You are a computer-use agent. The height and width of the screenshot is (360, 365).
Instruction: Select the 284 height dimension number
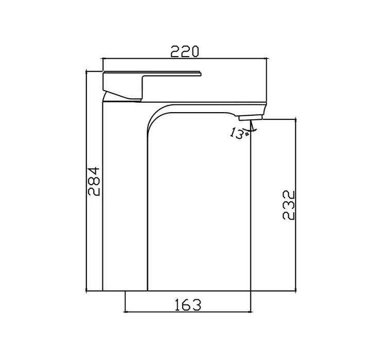point(93,181)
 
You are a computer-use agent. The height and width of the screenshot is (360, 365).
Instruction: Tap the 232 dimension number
point(289,205)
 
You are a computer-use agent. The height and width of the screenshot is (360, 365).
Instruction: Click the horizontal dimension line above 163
point(187,312)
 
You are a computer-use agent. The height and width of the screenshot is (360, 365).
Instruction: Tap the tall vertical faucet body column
point(125,206)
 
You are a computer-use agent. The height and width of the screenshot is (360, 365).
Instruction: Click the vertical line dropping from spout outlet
point(250,206)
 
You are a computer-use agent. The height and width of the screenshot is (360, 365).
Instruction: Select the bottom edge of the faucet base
point(125,291)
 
